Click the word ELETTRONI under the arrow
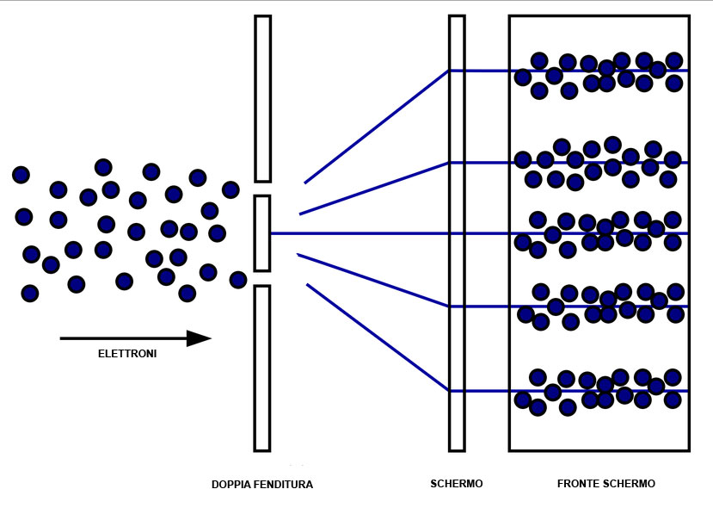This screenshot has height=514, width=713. click(x=127, y=353)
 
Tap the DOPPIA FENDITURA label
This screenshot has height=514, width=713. click(x=262, y=485)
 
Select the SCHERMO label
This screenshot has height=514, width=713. click(x=457, y=484)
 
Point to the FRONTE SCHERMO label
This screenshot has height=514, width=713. click(x=606, y=484)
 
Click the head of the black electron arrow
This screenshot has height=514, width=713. click(x=200, y=338)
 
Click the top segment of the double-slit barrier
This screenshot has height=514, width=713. click(x=262, y=99)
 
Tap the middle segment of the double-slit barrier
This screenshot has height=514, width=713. click(x=262, y=233)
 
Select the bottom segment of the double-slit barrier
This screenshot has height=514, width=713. click(x=262, y=368)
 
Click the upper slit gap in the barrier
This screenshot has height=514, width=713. click(x=262, y=189)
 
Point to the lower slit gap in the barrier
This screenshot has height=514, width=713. click(x=262, y=278)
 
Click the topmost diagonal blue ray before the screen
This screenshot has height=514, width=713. click(x=377, y=127)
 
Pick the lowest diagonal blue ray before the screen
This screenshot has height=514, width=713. click(x=377, y=338)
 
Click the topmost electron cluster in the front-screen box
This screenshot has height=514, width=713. click(x=599, y=73)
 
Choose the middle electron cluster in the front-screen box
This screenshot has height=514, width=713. click(x=599, y=233)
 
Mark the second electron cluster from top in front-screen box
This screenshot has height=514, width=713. click(x=599, y=164)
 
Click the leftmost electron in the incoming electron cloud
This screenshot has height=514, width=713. click(x=21, y=175)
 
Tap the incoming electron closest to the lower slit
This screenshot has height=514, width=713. click(x=238, y=279)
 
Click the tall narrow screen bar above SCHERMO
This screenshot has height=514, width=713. click(x=457, y=232)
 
